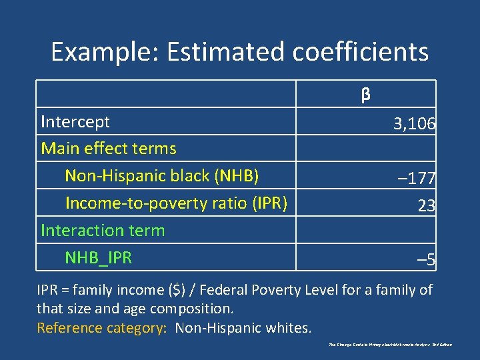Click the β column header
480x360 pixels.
pyautogui.click(x=365, y=95)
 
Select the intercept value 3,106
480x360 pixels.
pyautogui.click(x=414, y=124)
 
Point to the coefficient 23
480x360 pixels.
pyautogui.click(x=427, y=206)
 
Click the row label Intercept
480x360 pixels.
pyautogui.click(x=75, y=122)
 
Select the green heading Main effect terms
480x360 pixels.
pyautogui.click(x=109, y=149)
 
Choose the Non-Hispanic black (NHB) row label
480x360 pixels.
pyautogui.click(x=161, y=176)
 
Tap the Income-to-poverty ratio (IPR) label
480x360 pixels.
pyautogui.click(x=176, y=203)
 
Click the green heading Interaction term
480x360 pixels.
pyautogui.click(x=103, y=230)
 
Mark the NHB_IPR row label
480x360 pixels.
pyautogui.click(x=98, y=257)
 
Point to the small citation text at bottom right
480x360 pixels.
pyautogui.click(x=390, y=345)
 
